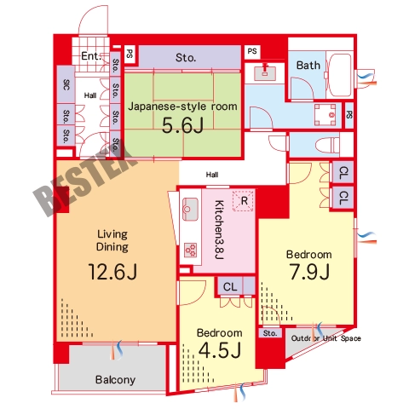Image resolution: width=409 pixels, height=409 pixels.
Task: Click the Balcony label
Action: pos(115,380)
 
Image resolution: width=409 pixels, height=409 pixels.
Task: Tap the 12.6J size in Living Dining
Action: pos(112,272)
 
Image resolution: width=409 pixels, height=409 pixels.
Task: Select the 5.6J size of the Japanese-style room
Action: pos(182,125)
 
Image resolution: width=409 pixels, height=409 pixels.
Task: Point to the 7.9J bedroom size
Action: pos(309,272)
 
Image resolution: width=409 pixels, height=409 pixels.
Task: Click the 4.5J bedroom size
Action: pos(220,349)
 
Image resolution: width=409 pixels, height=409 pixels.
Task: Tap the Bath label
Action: pos(308,66)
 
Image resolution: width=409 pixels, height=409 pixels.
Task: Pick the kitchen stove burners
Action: pos(190,251)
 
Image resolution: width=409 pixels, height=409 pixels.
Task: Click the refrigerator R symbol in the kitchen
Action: pos(243,201)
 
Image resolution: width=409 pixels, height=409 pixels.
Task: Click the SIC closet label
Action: pos(66,84)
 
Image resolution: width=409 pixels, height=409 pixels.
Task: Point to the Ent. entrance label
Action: pos(91,55)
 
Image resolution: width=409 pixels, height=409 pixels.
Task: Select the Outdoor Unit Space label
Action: pos(325,338)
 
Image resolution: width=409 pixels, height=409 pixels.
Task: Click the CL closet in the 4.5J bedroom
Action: pos(230,286)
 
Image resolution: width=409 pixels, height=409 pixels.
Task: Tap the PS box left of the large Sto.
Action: pos(130,54)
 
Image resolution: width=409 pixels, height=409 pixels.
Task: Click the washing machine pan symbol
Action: pos(325,115)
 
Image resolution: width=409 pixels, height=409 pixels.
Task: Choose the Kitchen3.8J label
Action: pos(219,230)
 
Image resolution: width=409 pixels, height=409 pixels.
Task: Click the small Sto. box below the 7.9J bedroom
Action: pos(270,333)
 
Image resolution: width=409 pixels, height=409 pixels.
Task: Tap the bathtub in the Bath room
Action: pos(339,75)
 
